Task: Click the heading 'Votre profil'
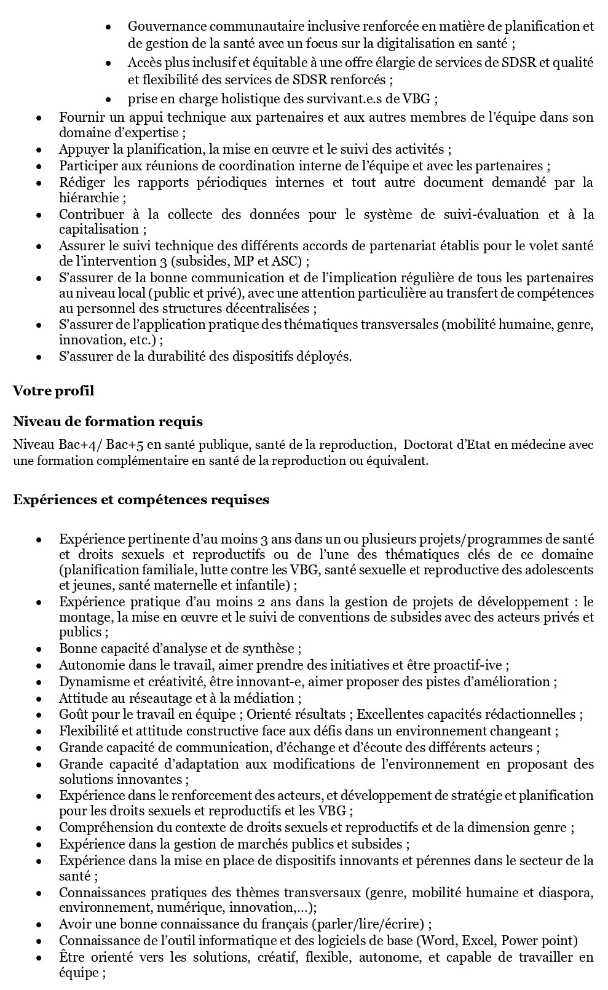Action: point(53,390)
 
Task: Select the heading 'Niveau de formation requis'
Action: point(108,422)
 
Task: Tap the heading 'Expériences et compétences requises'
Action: point(141,499)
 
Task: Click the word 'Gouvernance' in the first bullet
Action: point(161,26)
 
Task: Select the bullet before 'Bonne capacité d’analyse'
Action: point(39,649)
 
